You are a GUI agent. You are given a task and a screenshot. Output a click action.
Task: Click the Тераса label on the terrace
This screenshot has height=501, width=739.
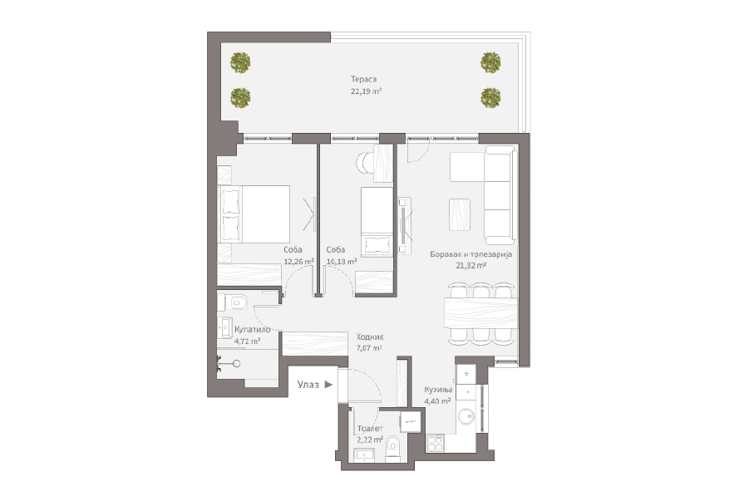[363, 80]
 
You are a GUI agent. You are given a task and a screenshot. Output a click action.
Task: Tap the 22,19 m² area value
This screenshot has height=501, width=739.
[366, 91]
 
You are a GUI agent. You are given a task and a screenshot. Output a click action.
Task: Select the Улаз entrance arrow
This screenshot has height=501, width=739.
[328, 385]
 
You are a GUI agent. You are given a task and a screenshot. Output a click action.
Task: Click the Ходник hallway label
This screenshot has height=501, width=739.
[370, 337]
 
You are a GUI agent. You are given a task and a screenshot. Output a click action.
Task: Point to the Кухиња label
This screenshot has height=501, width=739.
[438, 390]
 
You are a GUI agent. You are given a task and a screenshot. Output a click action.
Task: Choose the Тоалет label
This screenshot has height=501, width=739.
[370, 429]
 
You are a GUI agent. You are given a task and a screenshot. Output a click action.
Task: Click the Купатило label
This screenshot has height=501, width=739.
[253, 330]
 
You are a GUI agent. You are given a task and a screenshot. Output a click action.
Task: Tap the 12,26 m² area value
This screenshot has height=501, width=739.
[298, 262]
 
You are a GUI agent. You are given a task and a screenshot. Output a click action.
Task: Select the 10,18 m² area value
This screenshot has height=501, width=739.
[341, 262]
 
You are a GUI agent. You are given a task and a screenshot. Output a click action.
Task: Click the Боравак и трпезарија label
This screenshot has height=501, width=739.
[470, 254]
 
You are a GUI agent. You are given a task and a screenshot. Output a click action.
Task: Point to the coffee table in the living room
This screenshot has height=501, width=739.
[460, 214]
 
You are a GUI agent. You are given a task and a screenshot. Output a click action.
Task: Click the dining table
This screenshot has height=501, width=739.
[480, 313]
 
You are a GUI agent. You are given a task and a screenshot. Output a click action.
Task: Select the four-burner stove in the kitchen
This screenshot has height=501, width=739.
[435, 443]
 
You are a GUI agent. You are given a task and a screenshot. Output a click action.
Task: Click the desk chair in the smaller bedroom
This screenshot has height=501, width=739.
[364, 164]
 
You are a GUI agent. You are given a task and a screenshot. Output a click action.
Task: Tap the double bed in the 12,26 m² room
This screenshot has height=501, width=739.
[254, 214]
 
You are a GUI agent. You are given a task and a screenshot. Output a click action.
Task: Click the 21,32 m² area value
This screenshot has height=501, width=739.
[471, 266]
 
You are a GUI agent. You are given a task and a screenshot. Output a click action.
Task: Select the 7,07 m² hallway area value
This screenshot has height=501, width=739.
[369, 348]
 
